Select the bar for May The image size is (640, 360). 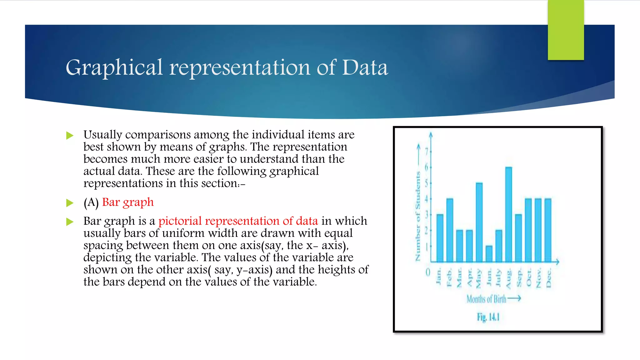479,222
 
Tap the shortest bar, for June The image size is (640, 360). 489,254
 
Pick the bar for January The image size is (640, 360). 440,238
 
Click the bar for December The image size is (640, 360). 548,230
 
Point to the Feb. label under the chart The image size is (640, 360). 449,277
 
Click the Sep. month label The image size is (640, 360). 519,277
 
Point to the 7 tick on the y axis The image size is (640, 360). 427,152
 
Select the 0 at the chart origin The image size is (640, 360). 428,272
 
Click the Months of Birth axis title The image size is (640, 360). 486,299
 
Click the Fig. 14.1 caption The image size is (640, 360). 488,317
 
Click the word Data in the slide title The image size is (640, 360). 365,67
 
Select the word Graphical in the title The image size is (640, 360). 114,68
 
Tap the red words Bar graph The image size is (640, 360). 128,202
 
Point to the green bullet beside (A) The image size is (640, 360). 70,203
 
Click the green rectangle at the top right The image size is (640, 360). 566,30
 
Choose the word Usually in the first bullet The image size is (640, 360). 103,135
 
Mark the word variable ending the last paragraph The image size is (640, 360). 294,282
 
